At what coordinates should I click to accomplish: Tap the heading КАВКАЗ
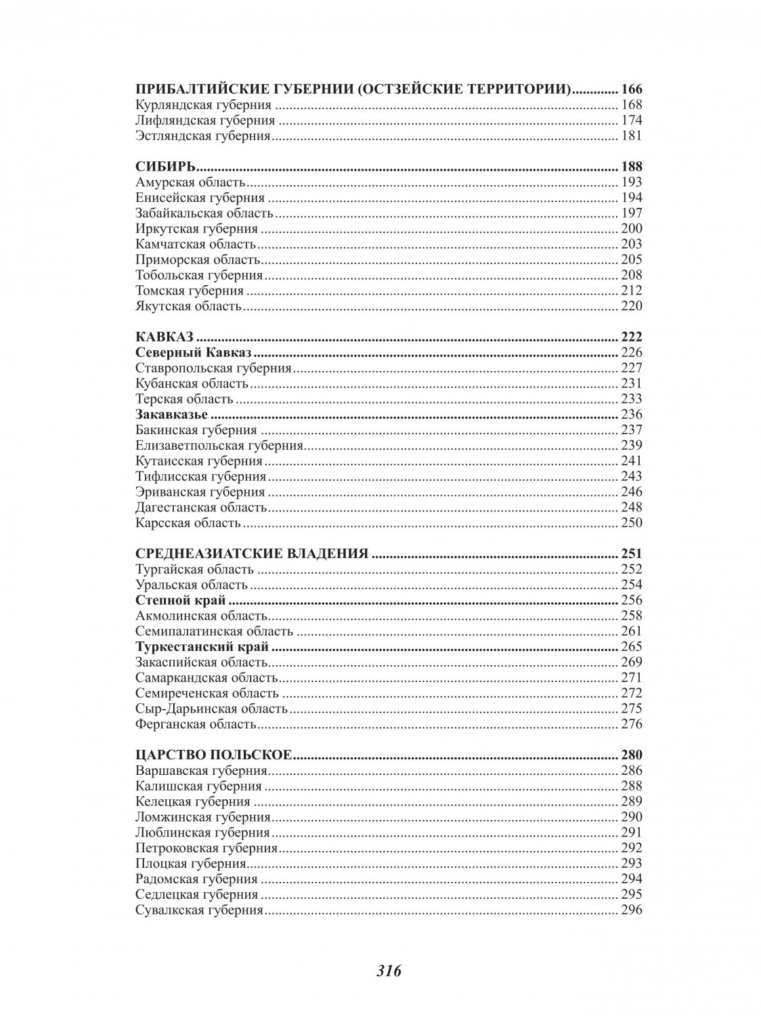point(165,337)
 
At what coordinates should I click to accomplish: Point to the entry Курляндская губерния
point(203,105)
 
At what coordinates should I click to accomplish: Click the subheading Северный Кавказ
point(194,353)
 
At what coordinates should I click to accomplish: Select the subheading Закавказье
point(171,415)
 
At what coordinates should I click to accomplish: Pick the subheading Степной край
point(180,600)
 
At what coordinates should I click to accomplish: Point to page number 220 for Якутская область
point(631,307)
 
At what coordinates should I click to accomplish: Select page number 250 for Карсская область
point(631,523)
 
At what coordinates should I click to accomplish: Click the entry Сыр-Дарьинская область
point(212,709)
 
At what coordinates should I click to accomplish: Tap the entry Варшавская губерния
point(201,771)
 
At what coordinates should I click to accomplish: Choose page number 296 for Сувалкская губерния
point(631,911)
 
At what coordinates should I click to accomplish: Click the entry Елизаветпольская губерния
point(219,446)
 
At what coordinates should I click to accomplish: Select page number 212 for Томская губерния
point(631,291)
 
